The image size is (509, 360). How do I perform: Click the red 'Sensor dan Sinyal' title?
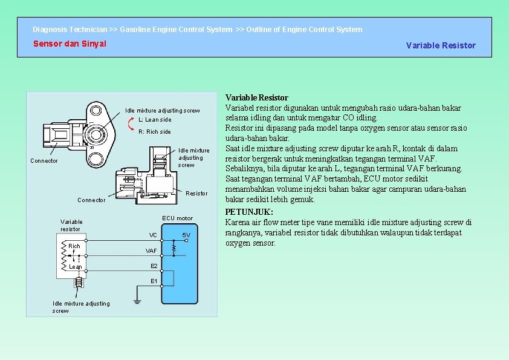[x=70, y=44]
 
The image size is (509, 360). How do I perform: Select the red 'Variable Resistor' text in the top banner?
[x=441, y=45]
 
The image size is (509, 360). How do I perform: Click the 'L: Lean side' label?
[x=155, y=120]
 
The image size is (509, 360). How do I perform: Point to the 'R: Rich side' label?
[x=155, y=132]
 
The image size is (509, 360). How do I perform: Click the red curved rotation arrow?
[x=132, y=125]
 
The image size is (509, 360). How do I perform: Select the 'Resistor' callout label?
[x=196, y=194]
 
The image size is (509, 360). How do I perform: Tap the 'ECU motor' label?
[x=178, y=218]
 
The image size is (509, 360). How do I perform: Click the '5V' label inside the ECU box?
[x=186, y=235]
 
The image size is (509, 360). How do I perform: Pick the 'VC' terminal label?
[x=153, y=235]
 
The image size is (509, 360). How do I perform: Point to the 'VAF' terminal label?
[x=151, y=250]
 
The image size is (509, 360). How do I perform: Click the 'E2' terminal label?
[x=154, y=266]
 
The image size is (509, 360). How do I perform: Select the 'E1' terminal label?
[x=154, y=281]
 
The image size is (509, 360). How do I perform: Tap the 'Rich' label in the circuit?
[x=74, y=246]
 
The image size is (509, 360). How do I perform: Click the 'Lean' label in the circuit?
[x=76, y=267]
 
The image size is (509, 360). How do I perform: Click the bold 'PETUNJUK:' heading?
[x=249, y=212]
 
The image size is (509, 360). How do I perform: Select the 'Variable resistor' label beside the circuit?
[x=71, y=225]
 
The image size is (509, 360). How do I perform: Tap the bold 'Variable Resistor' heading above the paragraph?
[x=256, y=97]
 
